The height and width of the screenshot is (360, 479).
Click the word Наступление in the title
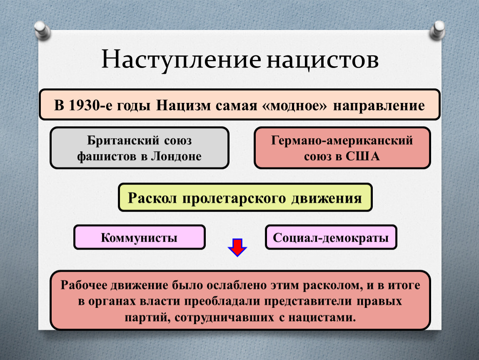(181, 60)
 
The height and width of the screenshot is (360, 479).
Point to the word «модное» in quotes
(294, 106)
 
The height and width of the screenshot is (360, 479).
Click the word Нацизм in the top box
(183, 105)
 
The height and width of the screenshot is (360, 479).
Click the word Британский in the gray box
(123, 140)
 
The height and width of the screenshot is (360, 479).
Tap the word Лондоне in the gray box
(176, 156)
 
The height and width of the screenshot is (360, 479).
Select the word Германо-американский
(342, 140)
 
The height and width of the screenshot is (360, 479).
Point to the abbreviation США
(363, 156)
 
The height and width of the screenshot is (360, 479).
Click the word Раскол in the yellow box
(152, 198)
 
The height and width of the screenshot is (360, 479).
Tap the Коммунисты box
(139, 237)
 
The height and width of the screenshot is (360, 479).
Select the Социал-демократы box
(331, 237)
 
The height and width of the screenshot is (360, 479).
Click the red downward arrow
(237, 247)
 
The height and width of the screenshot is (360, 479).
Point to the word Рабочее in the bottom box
(84, 285)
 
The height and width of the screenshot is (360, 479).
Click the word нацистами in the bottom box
(322, 317)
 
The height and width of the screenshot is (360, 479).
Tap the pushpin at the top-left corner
(42, 30)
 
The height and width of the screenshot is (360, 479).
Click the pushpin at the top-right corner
(437, 30)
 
